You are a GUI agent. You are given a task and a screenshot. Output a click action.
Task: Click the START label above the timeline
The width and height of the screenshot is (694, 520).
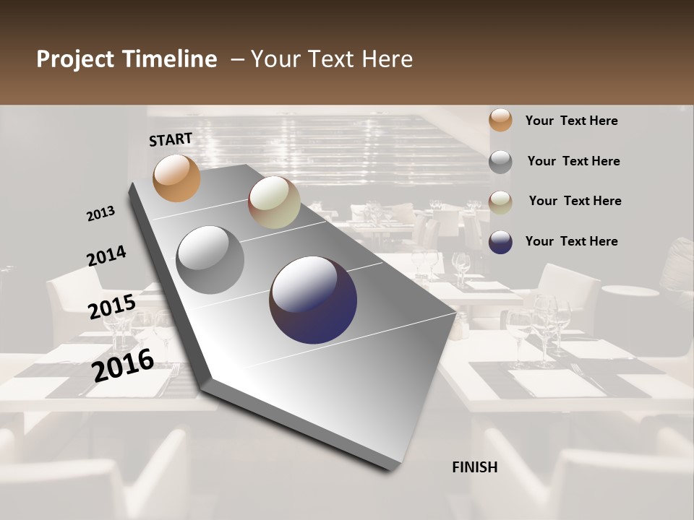click(x=171, y=139)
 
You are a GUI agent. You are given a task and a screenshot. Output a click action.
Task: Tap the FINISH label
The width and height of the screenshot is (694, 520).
click(x=475, y=467)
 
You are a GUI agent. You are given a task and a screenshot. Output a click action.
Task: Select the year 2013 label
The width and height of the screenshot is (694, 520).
click(x=100, y=214)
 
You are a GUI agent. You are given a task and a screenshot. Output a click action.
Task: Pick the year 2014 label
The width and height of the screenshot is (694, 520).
click(x=106, y=256)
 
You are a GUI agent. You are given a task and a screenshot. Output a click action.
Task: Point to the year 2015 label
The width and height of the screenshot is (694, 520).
click(x=112, y=307)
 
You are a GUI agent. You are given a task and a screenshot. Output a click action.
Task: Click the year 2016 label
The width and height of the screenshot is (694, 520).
click(x=123, y=365)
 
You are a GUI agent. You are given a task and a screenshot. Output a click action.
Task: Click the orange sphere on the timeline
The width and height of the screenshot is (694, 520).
click(x=176, y=178)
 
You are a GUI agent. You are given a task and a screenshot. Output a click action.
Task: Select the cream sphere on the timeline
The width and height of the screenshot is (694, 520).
click(x=274, y=202)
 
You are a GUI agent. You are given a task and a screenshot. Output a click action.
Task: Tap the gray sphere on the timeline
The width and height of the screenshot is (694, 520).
click(x=210, y=259)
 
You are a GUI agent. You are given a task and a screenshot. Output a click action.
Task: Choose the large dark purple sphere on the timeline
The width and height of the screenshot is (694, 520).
click(x=313, y=299)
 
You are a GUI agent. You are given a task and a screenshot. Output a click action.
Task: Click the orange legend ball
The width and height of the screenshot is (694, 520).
click(x=500, y=120)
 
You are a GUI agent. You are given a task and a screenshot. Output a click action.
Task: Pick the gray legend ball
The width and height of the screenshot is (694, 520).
click(x=500, y=162)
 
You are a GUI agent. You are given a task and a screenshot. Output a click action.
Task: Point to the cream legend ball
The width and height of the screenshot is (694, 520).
click(x=500, y=202)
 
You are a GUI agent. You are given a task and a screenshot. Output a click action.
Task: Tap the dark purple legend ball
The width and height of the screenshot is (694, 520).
click(x=500, y=242)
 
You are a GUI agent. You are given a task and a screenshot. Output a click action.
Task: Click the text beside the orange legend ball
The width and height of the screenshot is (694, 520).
click(x=571, y=121)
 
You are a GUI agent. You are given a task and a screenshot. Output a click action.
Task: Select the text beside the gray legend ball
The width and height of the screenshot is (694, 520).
click(x=573, y=161)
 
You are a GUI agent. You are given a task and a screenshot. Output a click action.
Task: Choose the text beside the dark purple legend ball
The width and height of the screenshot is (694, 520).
click(x=571, y=241)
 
